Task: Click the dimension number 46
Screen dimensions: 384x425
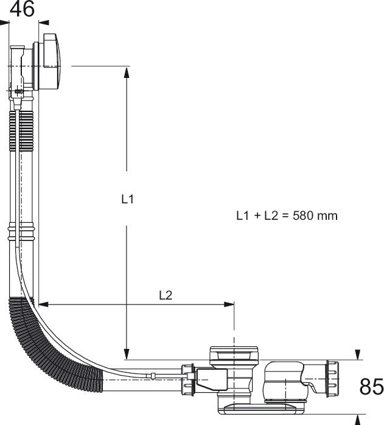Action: (23, 9)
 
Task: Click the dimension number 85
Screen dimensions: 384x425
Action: (371, 386)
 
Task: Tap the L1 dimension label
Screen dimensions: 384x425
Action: (127, 199)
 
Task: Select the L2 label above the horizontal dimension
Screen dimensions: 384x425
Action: (166, 295)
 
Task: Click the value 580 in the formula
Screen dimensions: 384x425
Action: (302, 216)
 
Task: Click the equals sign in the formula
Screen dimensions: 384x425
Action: (285, 216)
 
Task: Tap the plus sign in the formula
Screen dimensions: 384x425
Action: (257, 216)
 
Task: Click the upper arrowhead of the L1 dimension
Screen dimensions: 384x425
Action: (127, 72)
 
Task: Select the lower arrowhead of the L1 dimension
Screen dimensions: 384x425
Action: (127, 354)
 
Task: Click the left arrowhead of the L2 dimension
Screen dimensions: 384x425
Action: (43, 304)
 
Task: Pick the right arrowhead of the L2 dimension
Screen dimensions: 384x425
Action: (229, 304)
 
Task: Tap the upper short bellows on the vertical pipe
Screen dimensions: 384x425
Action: (22, 131)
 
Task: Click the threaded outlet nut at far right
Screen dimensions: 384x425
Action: (332, 379)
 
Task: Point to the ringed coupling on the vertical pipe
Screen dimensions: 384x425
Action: (21, 232)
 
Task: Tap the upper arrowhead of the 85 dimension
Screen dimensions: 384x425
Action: (358, 354)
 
